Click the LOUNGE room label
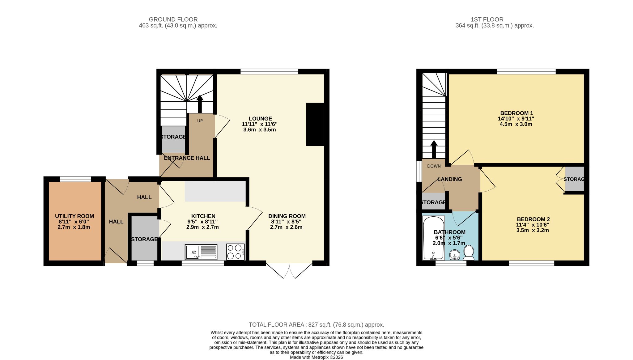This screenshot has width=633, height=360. click(260, 119)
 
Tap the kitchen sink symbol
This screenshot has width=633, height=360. click(201, 252)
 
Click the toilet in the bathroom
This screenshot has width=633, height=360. click(469, 252)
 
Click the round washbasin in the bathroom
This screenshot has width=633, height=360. click(455, 255)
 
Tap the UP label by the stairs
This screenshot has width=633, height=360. click(200, 121)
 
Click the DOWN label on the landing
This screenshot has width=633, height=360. click(434, 166)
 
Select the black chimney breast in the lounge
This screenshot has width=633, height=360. click(315, 124)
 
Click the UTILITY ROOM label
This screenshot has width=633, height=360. click(74, 216)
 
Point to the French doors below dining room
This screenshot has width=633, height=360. click(290, 271)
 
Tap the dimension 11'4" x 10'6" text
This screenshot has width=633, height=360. click(532, 225)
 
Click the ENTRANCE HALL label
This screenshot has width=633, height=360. click(187, 158)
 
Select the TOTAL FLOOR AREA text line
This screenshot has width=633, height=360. click(316, 325)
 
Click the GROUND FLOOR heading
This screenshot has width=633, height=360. click(173, 19)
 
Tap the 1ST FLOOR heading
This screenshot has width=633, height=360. click(487, 19)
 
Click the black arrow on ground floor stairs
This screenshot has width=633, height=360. click(200, 104)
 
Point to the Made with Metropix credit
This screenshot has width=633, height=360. click(316, 357)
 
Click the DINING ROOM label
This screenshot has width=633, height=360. click(287, 216)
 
